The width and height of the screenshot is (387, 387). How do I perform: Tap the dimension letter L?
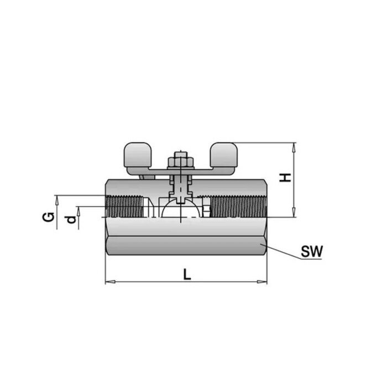click(187, 274)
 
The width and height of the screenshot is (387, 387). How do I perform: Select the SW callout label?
click(311, 252)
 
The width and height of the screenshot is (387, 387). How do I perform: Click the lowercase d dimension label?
click(70, 220)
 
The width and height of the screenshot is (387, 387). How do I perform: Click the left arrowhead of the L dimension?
click(108, 283)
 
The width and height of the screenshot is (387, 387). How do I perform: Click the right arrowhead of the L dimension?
click(264, 283)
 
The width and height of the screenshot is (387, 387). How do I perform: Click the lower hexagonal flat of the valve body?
click(185, 245)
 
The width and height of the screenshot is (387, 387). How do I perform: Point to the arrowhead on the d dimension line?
click(78, 210)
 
